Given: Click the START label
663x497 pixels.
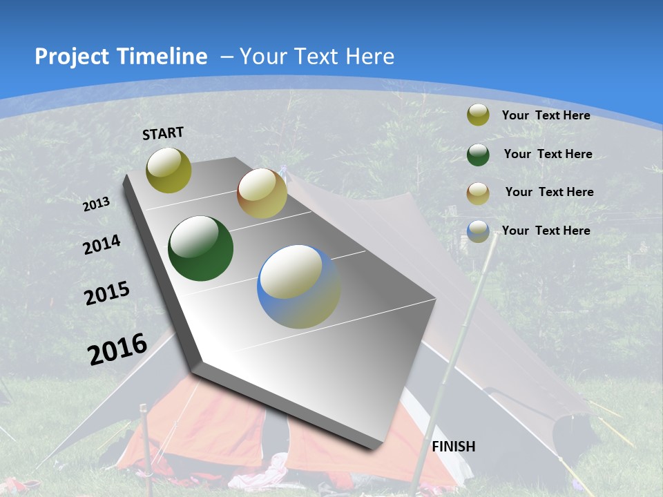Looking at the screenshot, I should click(x=163, y=133).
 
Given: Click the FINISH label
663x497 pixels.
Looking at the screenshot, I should click(x=454, y=447).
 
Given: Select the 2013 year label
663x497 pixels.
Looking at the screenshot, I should click(x=97, y=204).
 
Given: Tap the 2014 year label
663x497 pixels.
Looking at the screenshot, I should click(x=102, y=244).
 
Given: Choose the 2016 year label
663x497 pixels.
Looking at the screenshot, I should click(x=117, y=349).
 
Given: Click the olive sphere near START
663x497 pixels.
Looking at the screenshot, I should click(x=169, y=170).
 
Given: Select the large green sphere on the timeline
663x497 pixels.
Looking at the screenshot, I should click(x=200, y=248).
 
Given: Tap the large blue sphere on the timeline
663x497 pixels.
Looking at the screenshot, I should click(x=298, y=286).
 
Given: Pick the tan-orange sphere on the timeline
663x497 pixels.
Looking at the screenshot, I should click(x=262, y=194).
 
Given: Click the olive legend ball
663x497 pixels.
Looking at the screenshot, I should click(x=478, y=115).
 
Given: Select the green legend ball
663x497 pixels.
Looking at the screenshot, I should click(x=478, y=155).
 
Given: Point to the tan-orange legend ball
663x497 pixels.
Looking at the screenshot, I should click(x=478, y=193).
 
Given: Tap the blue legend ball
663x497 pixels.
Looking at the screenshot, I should click(x=478, y=231).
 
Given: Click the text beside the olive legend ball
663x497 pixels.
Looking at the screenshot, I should click(x=546, y=115).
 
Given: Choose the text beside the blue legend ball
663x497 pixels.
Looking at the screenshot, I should click(x=546, y=231).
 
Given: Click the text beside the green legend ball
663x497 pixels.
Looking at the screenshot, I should click(x=548, y=154).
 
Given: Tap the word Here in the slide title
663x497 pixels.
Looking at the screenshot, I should click(x=369, y=57).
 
